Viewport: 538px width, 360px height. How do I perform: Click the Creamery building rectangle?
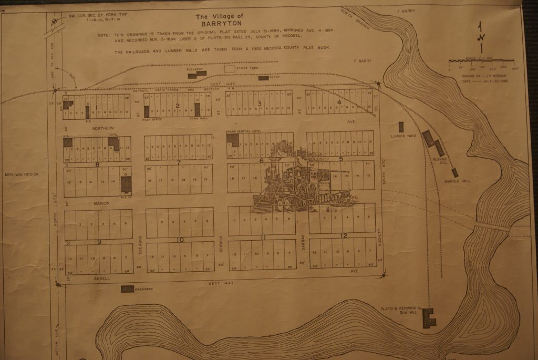[127, 289]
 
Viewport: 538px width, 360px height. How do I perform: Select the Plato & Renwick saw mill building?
[429, 318]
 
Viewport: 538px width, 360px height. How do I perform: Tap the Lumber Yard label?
[403, 136]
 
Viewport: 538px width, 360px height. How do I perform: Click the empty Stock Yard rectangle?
[230, 68]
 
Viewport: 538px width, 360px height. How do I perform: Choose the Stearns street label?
[140, 243]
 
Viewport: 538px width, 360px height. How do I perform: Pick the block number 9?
[99, 242]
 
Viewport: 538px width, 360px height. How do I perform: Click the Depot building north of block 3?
[263, 78]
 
